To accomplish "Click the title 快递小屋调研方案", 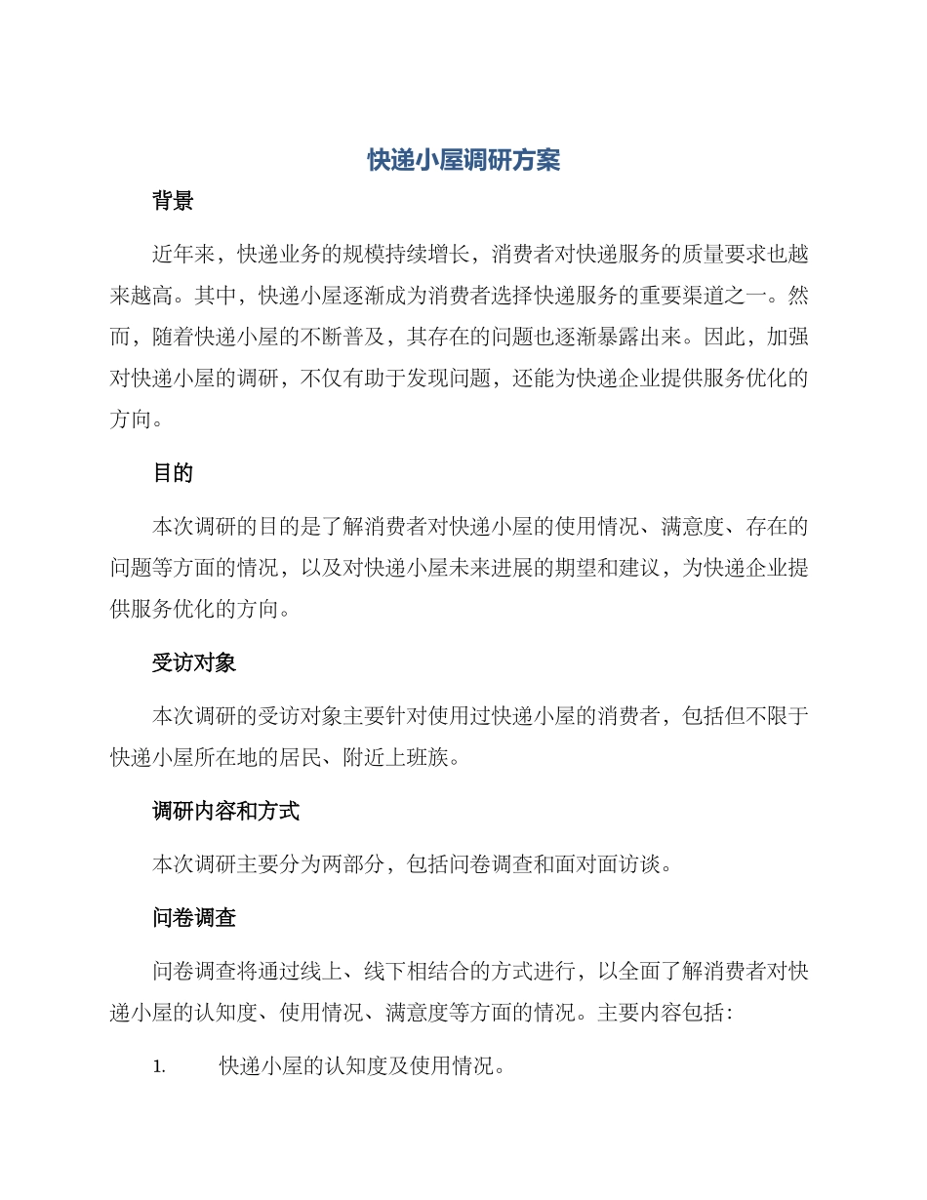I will [x=463, y=160].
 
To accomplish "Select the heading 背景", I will [x=173, y=202].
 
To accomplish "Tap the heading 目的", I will [x=173, y=473].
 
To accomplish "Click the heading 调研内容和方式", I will [x=225, y=811].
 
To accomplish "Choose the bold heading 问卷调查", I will [x=194, y=918].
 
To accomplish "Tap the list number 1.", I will [x=159, y=1067].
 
